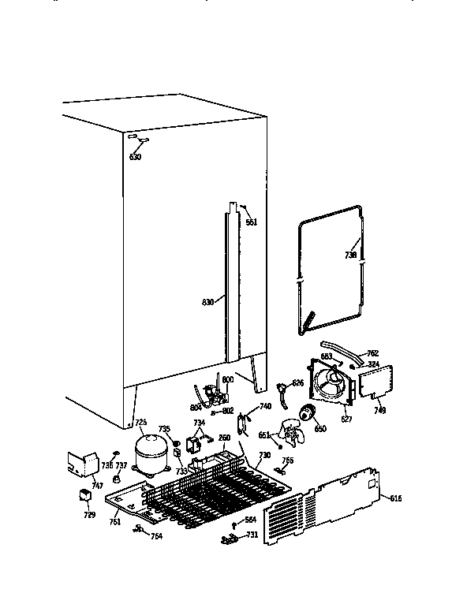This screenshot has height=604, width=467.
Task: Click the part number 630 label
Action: point(135,157)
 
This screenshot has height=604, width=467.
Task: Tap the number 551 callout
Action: point(252,223)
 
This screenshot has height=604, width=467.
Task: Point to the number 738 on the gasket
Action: point(350,255)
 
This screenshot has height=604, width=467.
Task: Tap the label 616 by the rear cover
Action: point(396,497)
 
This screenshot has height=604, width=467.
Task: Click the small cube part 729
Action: point(82,494)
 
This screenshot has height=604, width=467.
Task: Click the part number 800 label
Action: point(227,379)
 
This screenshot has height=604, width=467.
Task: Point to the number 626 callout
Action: point(297,382)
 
